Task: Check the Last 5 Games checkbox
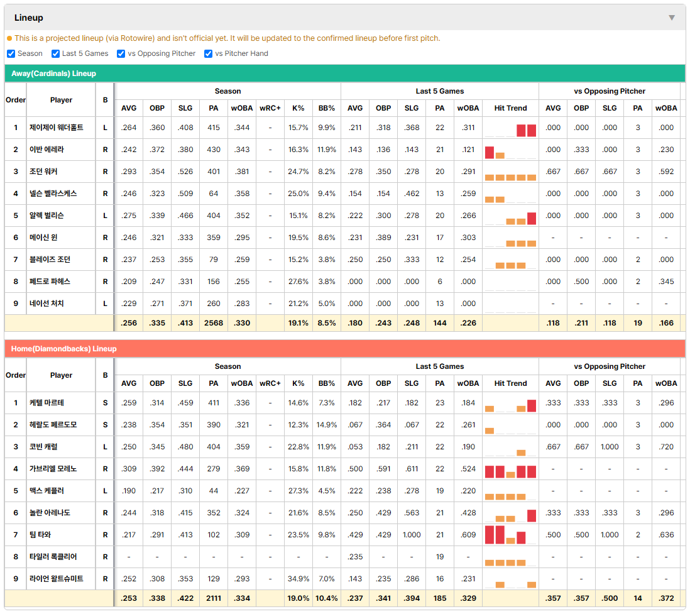pyautogui.click(x=55, y=53)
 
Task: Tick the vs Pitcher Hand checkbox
pyautogui.click(x=208, y=53)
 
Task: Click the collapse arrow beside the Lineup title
pyautogui.click(x=672, y=18)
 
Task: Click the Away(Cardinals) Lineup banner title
pyautogui.click(x=53, y=74)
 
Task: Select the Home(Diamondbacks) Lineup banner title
pyautogui.click(x=64, y=349)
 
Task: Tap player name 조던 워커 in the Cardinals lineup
pyautogui.click(x=43, y=172)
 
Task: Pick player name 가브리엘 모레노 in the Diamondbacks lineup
pyautogui.click(x=53, y=469)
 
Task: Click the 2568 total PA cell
pyautogui.click(x=214, y=323)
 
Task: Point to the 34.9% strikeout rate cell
pyautogui.click(x=298, y=579)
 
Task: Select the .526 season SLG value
pyautogui.click(x=185, y=172)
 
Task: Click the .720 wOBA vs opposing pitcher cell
pyautogui.click(x=666, y=447)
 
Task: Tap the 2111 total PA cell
pyautogui.click(x=214, y=598)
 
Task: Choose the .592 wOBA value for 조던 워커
pyautogui.click(x=666, y=172)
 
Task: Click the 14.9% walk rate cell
pyautogui.click(x=327, y=425)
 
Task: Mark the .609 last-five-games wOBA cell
pyautogui.click(x=468, y=535)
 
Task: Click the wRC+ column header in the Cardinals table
pyautogui.click(x=270, y=108)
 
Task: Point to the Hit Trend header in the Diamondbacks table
pyautogui.click(x=510, y=383)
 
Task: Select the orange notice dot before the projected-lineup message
pyautogui.click(x=9, y=38)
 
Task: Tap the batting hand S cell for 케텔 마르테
pyautogui.click(x=105, y=403)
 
